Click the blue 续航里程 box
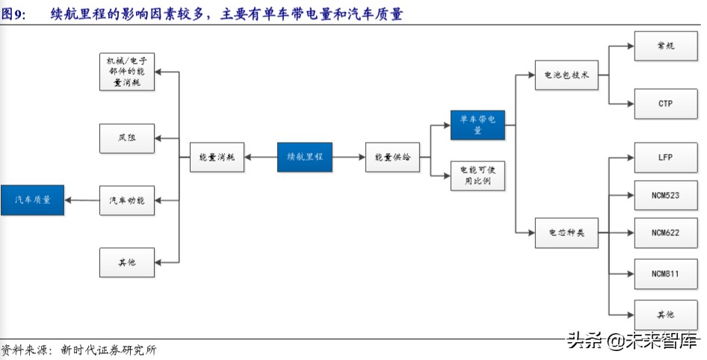pyautogui.click(x=304, y=157)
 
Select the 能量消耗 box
pyautogui.click(x=217, y=157)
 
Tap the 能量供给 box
pyautogui.click(x=392, y=157)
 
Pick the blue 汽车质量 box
pyautogui.click(x=32, y=200)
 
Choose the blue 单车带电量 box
pyautogui.click(x=478, y=125)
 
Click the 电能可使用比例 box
pyautogui.click(x=478, y=176)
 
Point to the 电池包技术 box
pyautogui.click(x=566, y=75)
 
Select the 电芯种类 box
pyautogui.click(x=566, y=233)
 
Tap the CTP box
pyautogui.click(x=665, y=104)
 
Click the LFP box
pyautogui.click(x=665, y=158)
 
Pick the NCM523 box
pyautogui.click(x=665, y=196)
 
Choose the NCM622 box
pyautogui.click(x=665, y=233)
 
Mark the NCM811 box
pyautogui.click(x=665, y=274)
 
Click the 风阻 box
pyautogui.click(x=127, y=138)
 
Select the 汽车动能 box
pyautogui.click(x=127, y=200)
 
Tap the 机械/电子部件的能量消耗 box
pyautogui.click(x=127, y=72)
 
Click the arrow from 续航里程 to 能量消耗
pyautogui.click(x=261, y=157)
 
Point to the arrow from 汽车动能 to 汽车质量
pyautogui.click(x=81, y=200)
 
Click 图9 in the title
pyautogui.click(x=13, y=14)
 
